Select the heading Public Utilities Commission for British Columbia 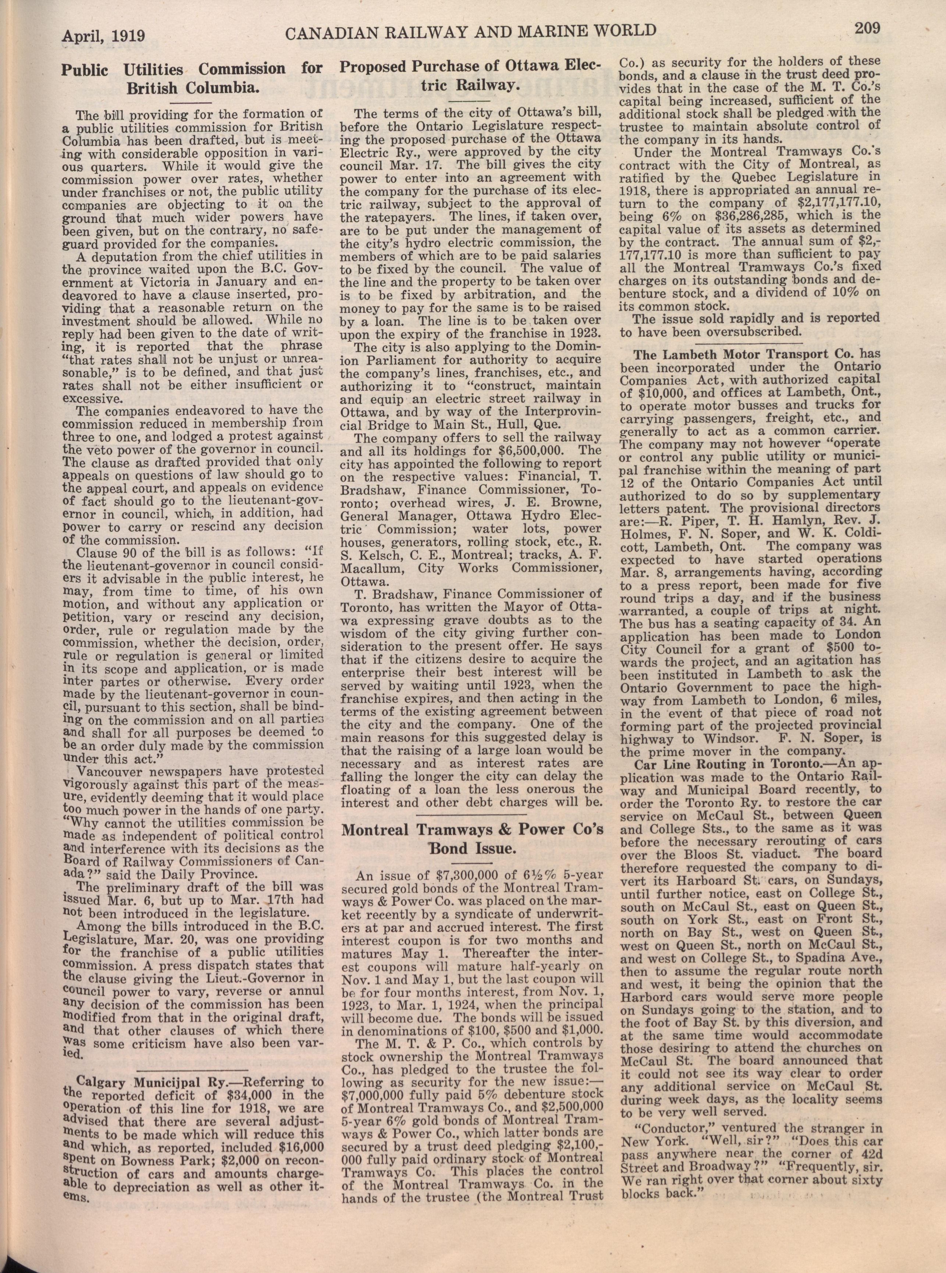tap(192, 78)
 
